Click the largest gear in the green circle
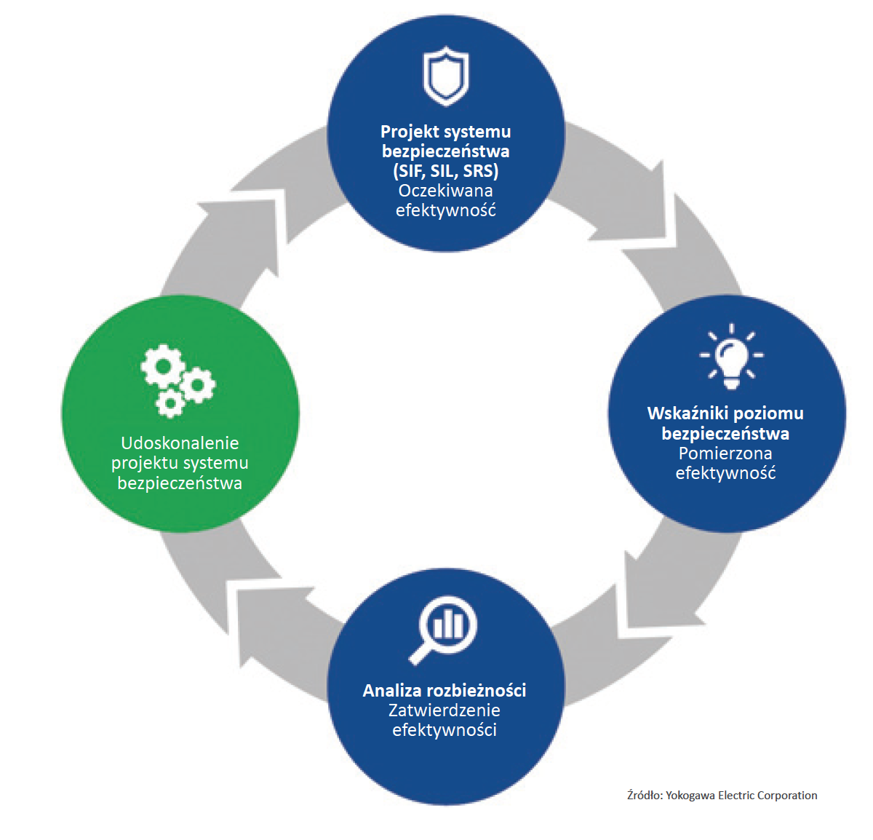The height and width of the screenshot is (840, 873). click(162, 366)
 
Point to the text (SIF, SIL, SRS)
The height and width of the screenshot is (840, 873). click(445, 171)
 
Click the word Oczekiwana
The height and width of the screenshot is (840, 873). click(445, 191)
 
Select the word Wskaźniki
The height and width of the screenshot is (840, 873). click(687, 413)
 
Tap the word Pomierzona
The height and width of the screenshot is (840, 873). click(725, 453)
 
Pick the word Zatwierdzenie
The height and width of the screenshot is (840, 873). click(444, 710)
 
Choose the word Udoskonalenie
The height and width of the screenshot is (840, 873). click(180, 443)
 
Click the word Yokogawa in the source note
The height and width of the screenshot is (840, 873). click(690, 796)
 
